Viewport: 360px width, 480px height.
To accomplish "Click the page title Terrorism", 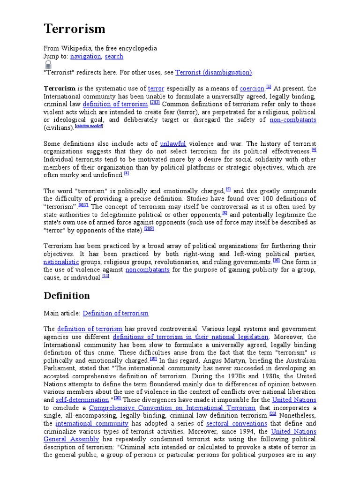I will [x=75, y=29].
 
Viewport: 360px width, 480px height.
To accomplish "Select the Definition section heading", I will [x=67, y=296].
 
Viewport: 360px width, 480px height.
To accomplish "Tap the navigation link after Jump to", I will [x=85, y=56].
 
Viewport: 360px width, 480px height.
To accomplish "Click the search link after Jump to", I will [x=114, y=56].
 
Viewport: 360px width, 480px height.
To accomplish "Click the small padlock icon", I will [x=48, y=65].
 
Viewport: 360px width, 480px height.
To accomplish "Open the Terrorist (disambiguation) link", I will [x=214, y=73].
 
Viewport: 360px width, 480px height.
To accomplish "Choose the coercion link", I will [x=252, y=89].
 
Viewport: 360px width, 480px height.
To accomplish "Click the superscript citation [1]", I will [x=269, y=87].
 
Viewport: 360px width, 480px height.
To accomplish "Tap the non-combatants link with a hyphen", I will [x=293, y=120].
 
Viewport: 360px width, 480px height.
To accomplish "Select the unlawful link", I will [x=173, y=144].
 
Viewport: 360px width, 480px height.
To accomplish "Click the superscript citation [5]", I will [x=228, y=189].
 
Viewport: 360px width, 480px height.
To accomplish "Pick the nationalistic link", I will [x=61, y=262].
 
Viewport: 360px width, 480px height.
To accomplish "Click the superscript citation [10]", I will [x=276, y=260].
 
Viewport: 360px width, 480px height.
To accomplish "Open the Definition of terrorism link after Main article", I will [x=115, y=313].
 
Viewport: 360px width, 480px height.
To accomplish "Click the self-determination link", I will [x=82, y=400].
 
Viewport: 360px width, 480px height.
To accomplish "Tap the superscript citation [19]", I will [x=153, y=359].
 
